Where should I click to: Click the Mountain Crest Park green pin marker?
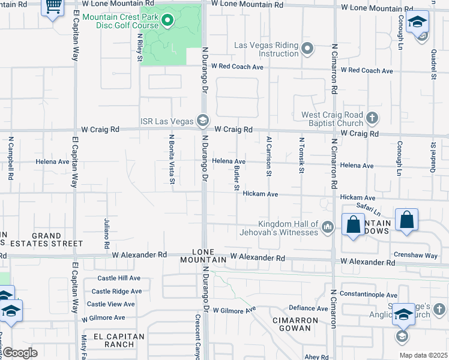point(168,23)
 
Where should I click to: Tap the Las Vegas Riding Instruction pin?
point(308,48)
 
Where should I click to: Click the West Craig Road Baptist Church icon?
point(372,117)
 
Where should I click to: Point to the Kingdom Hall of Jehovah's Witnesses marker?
point(327,227)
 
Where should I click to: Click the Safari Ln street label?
point(368,208)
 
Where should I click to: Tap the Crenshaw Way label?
point(416,256)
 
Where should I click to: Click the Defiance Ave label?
point(309,308)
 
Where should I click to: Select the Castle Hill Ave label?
point(119,278)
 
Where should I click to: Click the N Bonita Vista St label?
point(172,159)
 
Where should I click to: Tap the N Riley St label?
point(139,47)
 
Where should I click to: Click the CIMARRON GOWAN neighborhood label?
point(295,325)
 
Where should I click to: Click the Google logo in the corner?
point(20,352)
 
